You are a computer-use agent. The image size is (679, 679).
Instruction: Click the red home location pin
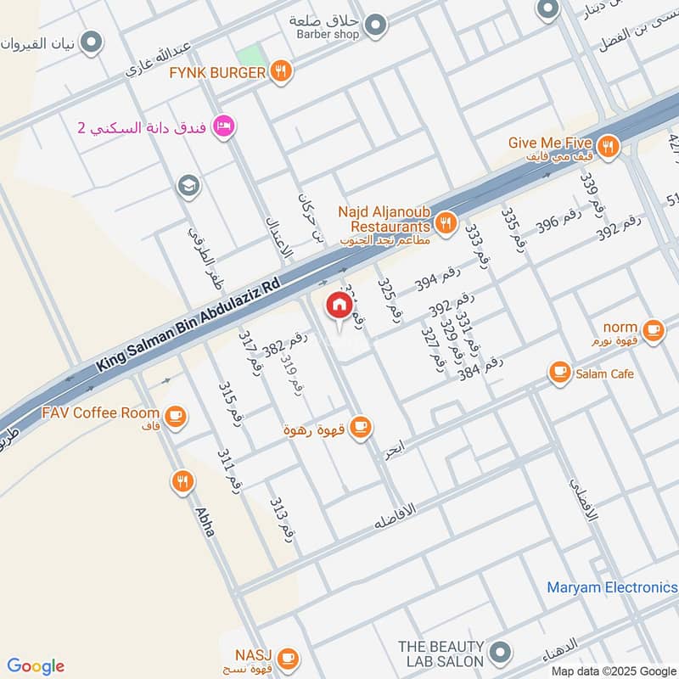[x=339, y=306]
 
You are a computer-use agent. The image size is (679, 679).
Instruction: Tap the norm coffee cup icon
[x=653, y=330]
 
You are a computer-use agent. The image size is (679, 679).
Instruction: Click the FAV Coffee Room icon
[x=175, y=416]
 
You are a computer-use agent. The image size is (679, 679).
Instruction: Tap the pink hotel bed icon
[x=225, y=126]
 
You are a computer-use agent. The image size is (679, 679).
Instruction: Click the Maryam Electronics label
[x=611, y=587]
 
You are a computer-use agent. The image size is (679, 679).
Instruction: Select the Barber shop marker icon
[x=376, y=25]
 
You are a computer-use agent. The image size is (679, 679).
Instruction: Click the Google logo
[x=36, y=666]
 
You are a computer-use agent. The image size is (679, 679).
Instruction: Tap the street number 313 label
[x=282, y=519]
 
